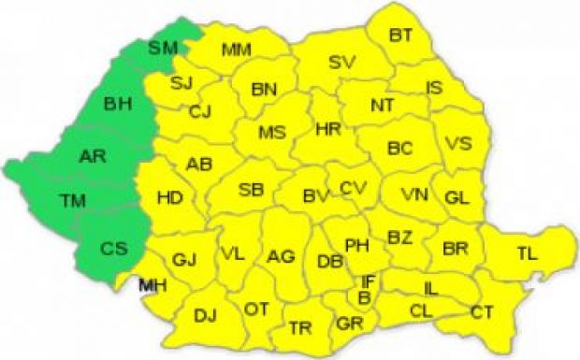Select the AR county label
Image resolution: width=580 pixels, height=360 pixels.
pos(93,156)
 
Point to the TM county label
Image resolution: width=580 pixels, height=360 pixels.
pos(71,199)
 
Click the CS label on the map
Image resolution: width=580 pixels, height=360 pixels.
pos(114,249)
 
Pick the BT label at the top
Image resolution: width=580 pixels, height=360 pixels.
pos(400,36)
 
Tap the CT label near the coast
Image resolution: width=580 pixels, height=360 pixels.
pos(483,311)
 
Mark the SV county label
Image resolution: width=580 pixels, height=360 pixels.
pos(341,63)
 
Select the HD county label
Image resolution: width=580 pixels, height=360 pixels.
pos(169,197)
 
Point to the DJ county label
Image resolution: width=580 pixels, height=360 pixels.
pos(206,315)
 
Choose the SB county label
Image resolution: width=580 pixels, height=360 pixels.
pos(251,190)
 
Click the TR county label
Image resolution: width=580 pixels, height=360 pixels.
pos(300,328)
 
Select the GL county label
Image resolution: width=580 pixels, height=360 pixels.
pos(457,197)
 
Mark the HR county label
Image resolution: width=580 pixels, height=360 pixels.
pos(328,129)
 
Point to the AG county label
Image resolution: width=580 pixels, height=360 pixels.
pos(281,256)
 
